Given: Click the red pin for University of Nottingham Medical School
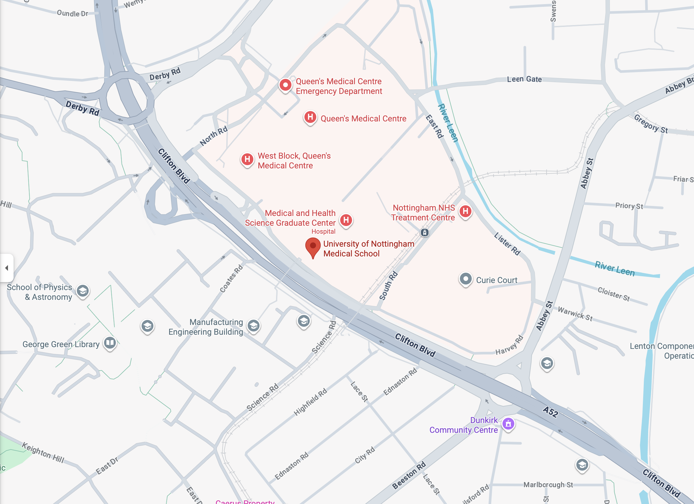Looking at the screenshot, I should coord(313,246).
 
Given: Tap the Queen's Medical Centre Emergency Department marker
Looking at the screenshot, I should coord(285,85).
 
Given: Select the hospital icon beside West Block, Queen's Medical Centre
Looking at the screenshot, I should coord(247,159).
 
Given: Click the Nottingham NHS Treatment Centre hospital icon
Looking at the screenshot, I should coord(466,211).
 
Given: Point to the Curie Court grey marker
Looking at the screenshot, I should coord(466,279).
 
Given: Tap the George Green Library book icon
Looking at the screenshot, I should coord(110,343).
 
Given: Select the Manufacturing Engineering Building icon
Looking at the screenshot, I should coord(254,326).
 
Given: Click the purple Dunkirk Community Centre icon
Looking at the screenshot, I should coord(508,424).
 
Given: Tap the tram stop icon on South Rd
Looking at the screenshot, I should coord(424,233).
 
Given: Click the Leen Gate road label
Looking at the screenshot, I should coord(524,79).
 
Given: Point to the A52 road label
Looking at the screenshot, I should coord(550,412).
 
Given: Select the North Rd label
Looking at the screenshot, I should coord(214,136).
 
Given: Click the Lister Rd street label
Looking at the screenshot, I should coord(507,244).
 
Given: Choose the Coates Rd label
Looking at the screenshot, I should coord(232,279).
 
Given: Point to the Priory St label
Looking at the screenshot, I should coord(629,206).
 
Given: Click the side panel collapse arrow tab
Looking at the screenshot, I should coord(7,268).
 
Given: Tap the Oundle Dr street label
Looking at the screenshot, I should coord(72,13).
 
